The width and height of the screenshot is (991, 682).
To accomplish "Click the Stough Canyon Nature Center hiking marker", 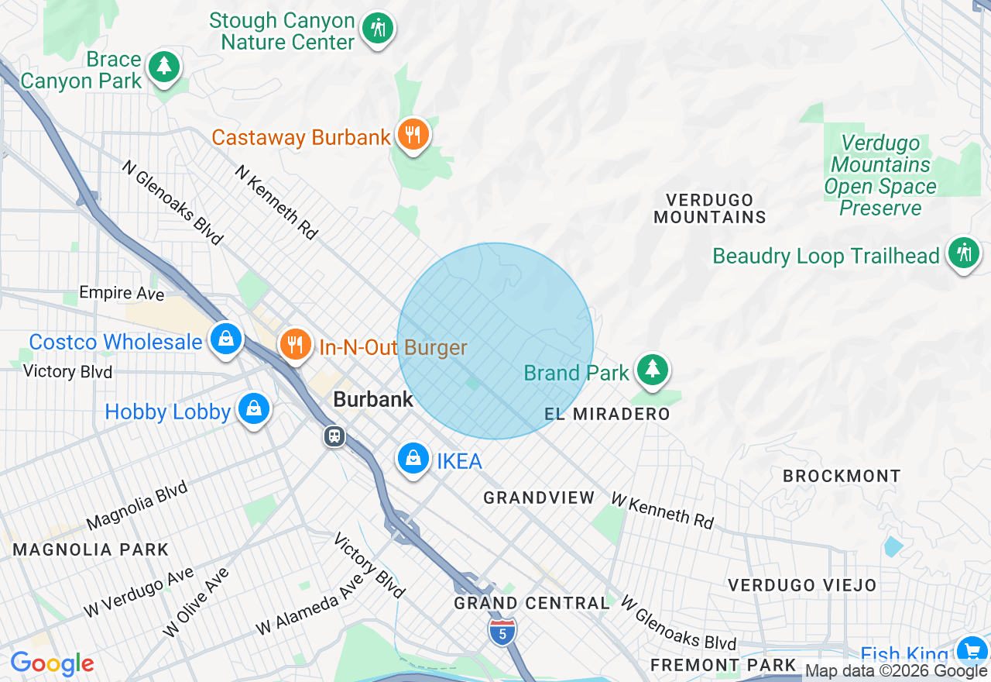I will (377, 29).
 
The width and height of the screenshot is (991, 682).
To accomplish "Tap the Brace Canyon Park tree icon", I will (164, 67).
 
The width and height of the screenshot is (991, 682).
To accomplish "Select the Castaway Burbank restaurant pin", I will (413, 135).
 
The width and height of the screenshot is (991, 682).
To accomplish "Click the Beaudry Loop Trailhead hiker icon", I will (963, 253).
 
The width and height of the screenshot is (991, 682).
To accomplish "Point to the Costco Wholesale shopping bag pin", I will (225, 339).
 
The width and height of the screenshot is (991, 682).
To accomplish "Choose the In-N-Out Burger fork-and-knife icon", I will (295, 343).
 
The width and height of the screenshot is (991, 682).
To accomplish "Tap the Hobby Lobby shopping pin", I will (253, 408).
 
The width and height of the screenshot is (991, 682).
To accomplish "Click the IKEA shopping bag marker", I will (413, 459).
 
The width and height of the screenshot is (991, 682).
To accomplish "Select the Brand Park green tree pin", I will (653, 370).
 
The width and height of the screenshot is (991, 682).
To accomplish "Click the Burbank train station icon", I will (334, 436).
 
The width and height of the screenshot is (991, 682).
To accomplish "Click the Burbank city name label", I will (372, 400).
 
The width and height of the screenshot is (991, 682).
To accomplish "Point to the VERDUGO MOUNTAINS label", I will (710, 209).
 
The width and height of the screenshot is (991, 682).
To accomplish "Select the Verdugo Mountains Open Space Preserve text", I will (880, 176).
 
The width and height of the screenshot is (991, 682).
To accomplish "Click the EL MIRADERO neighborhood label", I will (607, 415).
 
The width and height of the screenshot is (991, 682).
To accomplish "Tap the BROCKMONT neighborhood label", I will (842, 476).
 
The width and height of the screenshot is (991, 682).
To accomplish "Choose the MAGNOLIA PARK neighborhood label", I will (91, 550).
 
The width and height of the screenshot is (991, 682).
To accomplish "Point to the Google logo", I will (52, 663).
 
